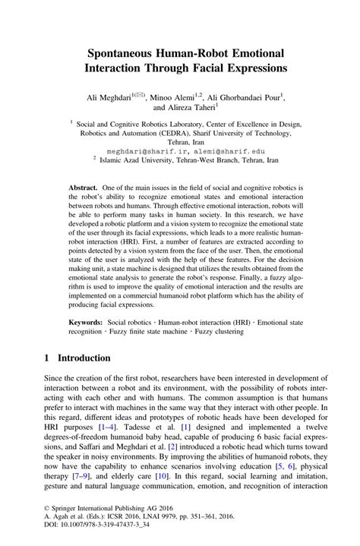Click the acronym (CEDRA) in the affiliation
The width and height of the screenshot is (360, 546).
coord(181,131)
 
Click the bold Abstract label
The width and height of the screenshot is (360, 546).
coord(84,188)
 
